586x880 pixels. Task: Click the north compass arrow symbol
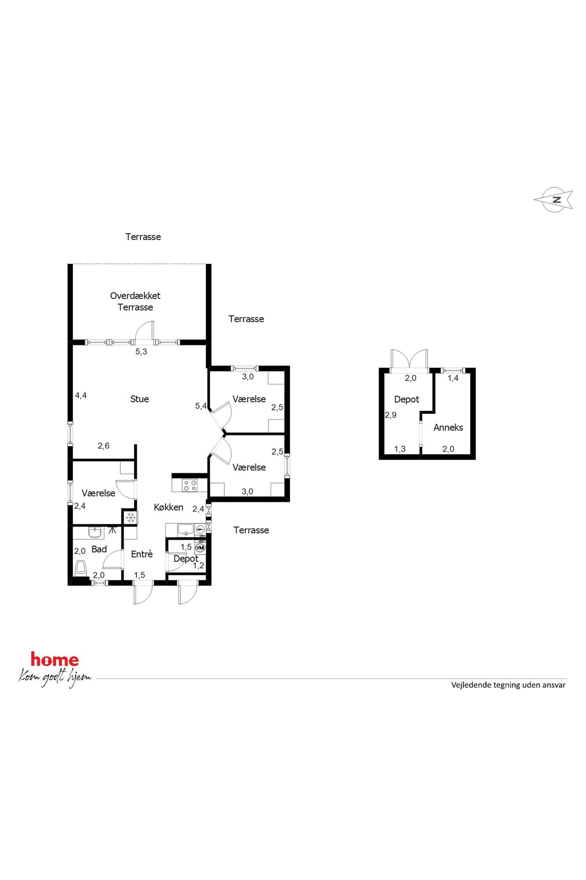point(553,199)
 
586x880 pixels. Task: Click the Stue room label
point(139,399)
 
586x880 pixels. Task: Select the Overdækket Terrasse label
point(135,301)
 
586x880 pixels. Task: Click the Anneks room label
point(448,428)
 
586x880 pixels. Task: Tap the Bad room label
point(99,549)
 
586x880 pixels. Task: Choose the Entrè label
point(142,554)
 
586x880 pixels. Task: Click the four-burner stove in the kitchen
point(190,485)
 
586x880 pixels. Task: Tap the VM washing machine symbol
point(201,547)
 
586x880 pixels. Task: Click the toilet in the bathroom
point(81,568)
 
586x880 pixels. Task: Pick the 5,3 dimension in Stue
point(141,352)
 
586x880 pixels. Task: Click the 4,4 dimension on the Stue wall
point(81,395)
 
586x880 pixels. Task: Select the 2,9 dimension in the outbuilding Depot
point(390,415)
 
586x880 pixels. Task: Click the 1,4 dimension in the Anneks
point(453,378)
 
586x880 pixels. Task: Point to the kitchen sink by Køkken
point(186,529)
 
